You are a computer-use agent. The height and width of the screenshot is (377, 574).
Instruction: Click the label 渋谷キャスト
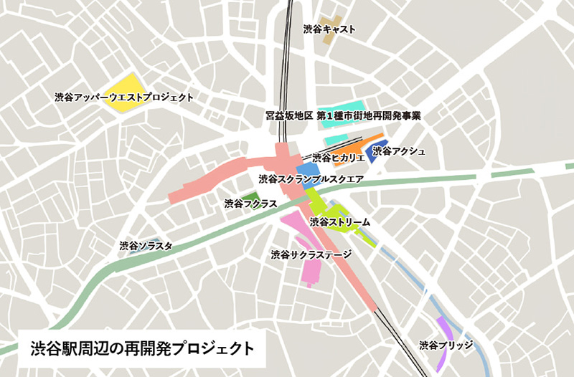tap(329, 29)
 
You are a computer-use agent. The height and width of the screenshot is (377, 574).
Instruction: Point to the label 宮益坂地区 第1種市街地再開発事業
tap(342, 115)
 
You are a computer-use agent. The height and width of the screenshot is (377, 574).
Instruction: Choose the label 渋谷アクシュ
tap(399, 151)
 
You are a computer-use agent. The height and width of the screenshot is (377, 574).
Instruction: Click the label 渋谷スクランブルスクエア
tap(311, 178)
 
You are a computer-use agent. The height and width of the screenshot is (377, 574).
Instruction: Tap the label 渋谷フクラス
tap(250, 204)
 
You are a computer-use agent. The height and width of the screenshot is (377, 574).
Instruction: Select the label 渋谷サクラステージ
tap(311, 254)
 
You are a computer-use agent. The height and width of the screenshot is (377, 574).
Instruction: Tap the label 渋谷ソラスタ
tap(146, 246)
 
